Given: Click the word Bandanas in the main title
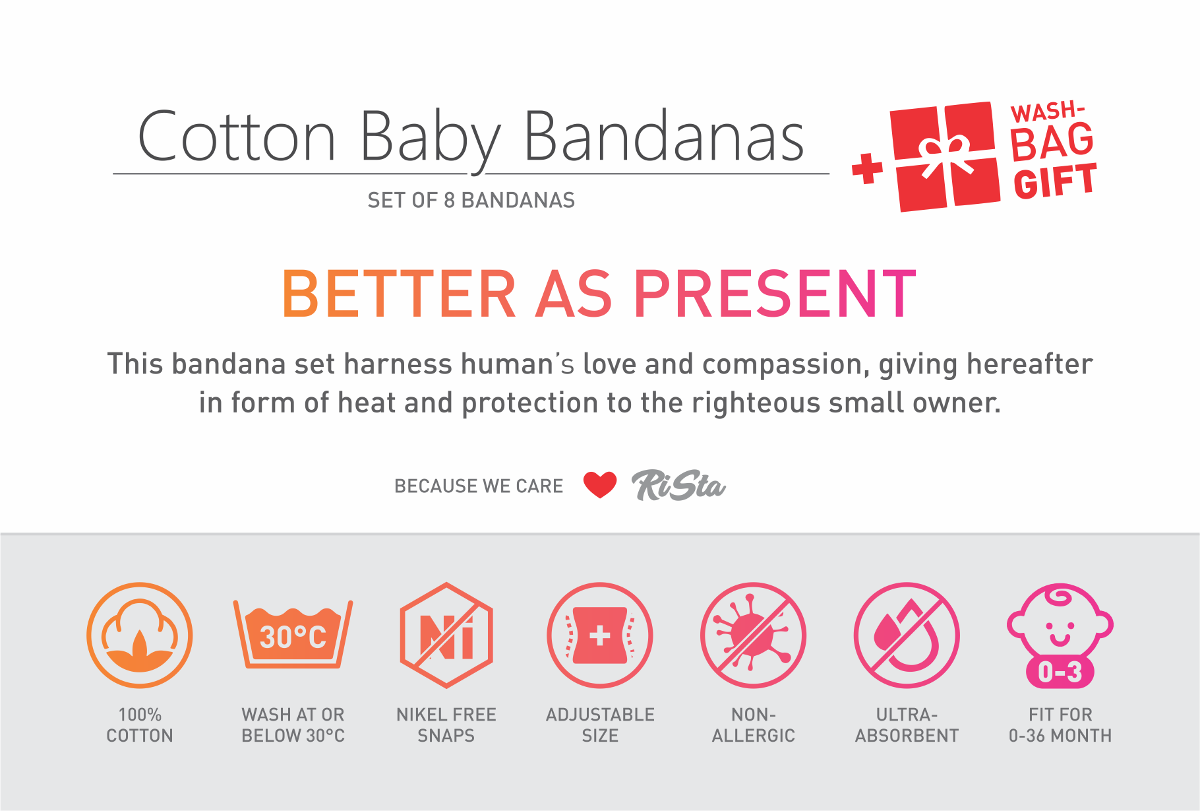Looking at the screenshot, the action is (664, 136).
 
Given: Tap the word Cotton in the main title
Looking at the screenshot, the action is (237, 136).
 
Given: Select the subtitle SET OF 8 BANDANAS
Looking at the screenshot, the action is (471, 200).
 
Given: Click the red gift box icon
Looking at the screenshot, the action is (945, 156).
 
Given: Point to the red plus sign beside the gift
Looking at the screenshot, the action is (867, 169).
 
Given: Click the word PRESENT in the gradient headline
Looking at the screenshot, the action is (775, 294).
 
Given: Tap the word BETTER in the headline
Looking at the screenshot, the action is (399, 294).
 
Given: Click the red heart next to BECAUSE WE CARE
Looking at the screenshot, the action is (600, 485).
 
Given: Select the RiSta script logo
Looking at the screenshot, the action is (678, 485).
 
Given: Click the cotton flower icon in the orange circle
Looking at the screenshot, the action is (140, 635).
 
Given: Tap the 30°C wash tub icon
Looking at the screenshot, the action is (293, 633).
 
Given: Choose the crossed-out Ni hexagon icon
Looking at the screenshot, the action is (446, 635).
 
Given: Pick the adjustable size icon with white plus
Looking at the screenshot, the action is (600, 635).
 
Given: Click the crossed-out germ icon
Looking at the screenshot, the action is (754, 635).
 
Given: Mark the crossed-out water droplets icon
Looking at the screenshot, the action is (907, 635).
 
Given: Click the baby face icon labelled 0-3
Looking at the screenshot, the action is (1060, 635).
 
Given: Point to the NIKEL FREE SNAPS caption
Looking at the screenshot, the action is (446, 725).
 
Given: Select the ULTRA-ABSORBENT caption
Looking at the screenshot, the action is (907, 725).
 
